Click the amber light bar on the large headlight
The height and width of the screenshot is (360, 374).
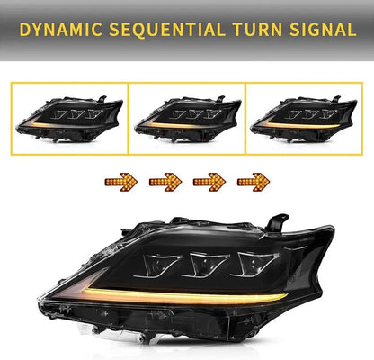[135, 292]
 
